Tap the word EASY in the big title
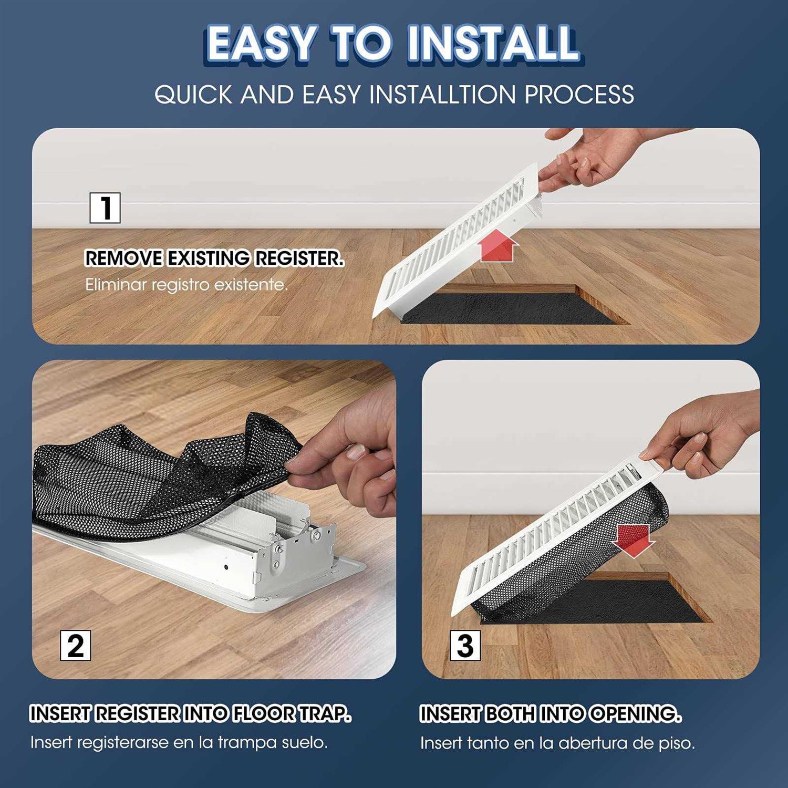tap(261, 43)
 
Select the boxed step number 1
tap(105, 208)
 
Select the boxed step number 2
tap(75, 646)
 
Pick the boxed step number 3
tap(465, 646)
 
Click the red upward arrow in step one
tap(498, 247)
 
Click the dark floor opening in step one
tap(515, 310)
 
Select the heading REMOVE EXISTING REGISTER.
tap(214, 258)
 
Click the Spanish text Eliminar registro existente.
tap(186, 285)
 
